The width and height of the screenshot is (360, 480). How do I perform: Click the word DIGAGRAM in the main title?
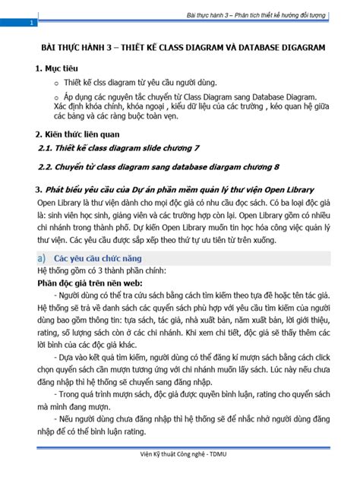303,47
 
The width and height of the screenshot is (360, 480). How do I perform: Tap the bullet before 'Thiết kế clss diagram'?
57,83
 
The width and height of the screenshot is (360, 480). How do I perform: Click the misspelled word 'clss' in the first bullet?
104,83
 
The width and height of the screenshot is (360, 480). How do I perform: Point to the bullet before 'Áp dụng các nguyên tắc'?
57,98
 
